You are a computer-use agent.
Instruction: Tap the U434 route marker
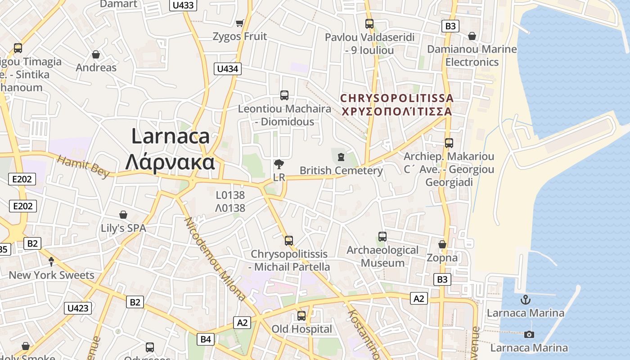click(x=228, y=69)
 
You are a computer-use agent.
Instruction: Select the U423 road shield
click(x=78, y=308)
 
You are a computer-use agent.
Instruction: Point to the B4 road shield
click(x=206, y=339)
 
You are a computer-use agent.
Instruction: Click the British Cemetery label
click(x=341, y=171)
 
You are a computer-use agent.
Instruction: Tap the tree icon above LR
click(x=279, y=164)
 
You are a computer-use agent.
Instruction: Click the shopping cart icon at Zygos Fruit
click(x=240, y=23)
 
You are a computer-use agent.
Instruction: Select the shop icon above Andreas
click(x=96, y=54)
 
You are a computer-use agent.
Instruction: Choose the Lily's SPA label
click(x=123, y=228)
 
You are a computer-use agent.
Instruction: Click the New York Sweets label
click(x=52, y=275)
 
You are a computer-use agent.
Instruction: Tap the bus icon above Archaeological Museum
click(x=382, y=236)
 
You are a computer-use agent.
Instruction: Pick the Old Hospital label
click(x=301, y=329)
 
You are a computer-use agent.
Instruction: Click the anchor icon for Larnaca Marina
click(x=525, y=299)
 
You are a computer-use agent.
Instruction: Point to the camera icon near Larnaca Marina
click(x=529, y=334)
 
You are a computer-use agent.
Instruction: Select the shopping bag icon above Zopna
click(x=442, y=244)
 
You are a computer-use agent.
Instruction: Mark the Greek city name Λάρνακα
click(x=170, y=162)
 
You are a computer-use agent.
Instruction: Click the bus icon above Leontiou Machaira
click(x=284, y=95)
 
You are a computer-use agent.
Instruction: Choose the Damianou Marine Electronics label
click(x=472, y=55)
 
